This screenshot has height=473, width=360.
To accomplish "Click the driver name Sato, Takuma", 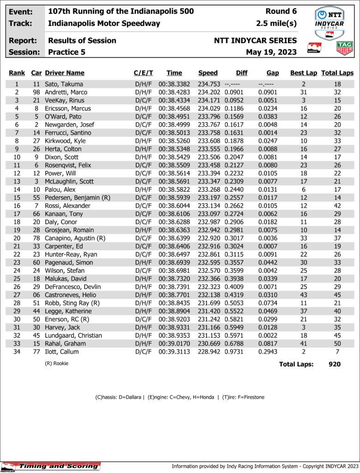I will (x=64, y=84).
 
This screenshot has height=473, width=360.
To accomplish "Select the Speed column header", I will (x=208, y=73).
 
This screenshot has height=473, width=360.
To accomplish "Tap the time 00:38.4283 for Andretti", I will (x=174, y=92).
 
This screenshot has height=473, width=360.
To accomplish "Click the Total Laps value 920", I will (x=334, y=364).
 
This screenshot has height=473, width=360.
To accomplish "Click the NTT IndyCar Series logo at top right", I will (x=329, y=22).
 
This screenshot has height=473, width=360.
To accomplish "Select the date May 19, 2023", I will (x=271, y=52).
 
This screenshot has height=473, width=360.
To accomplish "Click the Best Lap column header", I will (x=303, y=73).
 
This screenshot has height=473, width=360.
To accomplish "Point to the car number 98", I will (x=36, y=92).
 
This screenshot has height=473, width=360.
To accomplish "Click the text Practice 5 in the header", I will (x=66, y=52).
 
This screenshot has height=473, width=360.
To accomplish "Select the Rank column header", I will (x=17, y=73).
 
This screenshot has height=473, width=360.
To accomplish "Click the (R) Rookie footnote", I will (x=56, y=364).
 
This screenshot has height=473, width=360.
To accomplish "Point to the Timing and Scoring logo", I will (x=51, y=466).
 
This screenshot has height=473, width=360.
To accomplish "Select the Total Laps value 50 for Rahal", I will (x=337, y=344).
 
